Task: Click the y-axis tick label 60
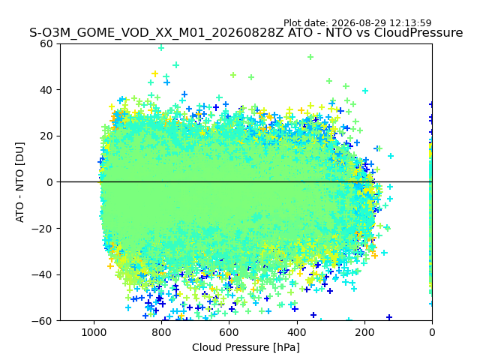[46, 43]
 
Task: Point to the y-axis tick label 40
[46, 90]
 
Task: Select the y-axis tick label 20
[46, 136]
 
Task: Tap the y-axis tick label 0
[49, 182]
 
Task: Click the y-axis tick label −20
[42, 229]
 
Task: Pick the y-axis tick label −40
[42, 275]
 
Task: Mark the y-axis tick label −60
[42, 321]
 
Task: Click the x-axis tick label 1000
[94, 332]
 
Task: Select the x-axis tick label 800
[162, 332]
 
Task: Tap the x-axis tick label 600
[229, 332]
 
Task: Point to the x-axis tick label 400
[297, 332]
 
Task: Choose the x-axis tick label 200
[364, 332]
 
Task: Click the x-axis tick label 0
[432, 332]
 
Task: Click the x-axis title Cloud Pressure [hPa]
[246, 348]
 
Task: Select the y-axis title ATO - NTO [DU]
[20, 182]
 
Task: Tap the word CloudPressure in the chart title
[418, 33]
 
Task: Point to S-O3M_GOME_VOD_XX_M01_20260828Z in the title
[157, 33]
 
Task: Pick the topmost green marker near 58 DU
[161, 48]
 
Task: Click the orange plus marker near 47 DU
[155, 73]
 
